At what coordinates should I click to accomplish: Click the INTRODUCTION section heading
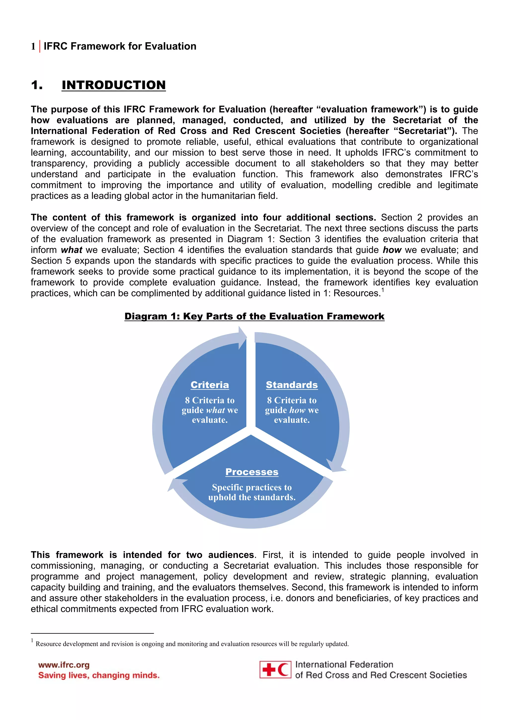114,85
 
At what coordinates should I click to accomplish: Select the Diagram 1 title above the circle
254,316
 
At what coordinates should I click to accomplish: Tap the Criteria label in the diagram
210,385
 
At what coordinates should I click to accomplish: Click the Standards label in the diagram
292,385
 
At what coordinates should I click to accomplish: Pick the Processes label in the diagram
252,472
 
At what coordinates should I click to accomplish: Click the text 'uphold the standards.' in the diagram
252,497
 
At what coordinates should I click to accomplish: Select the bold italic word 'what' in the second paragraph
72,250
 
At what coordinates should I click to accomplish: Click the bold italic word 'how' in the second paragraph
392,250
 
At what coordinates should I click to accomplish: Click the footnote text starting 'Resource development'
192,644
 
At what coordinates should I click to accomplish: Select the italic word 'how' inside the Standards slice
297,410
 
